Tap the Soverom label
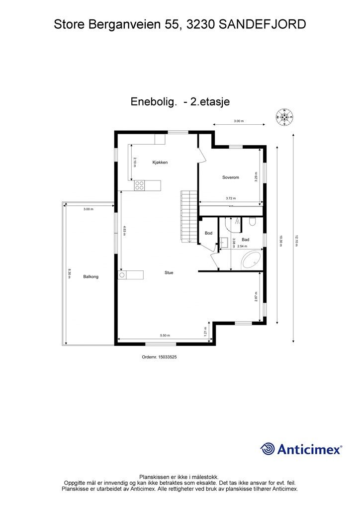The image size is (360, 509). (x=230, y=177)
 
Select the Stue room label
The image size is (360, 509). (x=169, y=272)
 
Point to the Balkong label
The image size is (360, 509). (x=91, y=276)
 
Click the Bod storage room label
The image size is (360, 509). (x=208, y=233)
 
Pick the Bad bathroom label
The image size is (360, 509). (x=245, y=240)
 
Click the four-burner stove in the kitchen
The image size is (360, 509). (x=140, y=185)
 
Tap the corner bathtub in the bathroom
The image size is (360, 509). (x=251, y=259)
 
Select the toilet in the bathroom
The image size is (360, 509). (x=252, y=222)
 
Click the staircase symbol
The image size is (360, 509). (x=187, y=216)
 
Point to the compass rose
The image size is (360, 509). (x=284, y=117)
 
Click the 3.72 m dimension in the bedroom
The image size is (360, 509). (x=230, y=198)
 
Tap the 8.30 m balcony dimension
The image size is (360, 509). (x=69, y=273)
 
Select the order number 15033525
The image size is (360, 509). (x=159, y=356)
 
